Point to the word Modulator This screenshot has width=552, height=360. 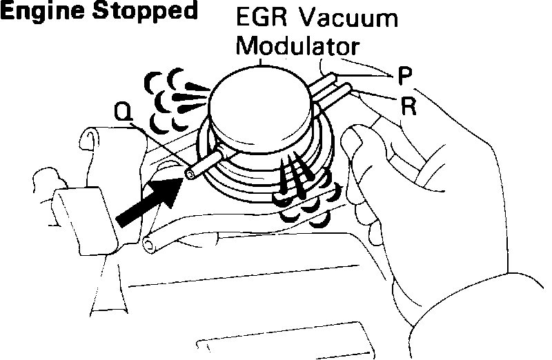298,47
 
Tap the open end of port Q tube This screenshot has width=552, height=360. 188,175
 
